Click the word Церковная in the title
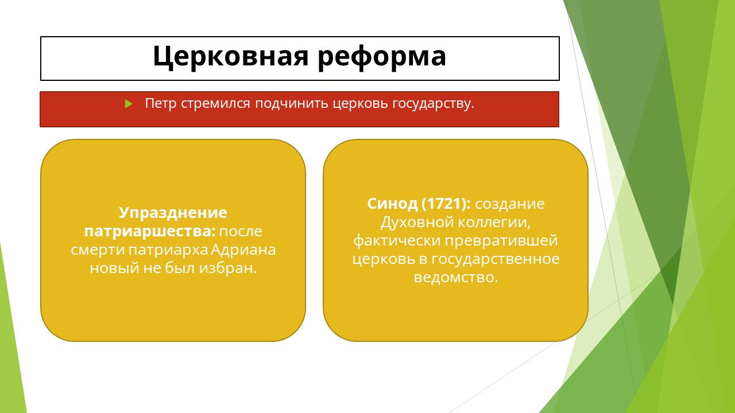231,56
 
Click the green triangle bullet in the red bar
129,104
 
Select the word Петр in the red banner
160,103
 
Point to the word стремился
215,104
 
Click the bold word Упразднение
173,213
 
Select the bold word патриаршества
150,231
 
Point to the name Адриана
243,250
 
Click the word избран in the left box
228,268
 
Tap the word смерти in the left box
98,250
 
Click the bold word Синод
392,204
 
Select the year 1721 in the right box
444,204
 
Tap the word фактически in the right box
397,241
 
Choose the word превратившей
501,241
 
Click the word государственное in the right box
495,259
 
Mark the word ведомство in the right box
456,277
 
